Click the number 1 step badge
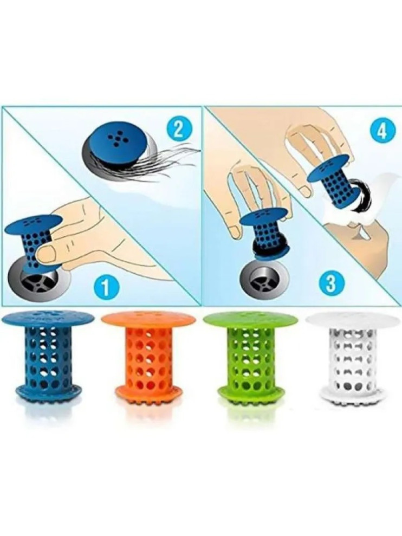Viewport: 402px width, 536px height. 106,287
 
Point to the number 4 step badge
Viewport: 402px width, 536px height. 380,130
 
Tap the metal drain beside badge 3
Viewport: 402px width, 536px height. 263,280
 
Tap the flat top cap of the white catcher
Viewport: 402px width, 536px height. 353,320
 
